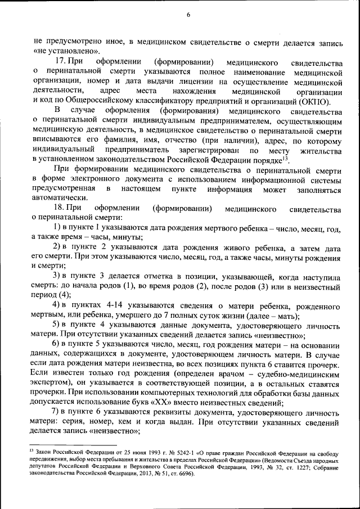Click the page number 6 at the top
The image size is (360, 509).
[x=188, y=15]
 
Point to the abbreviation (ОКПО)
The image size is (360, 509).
[x=314, y=101]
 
